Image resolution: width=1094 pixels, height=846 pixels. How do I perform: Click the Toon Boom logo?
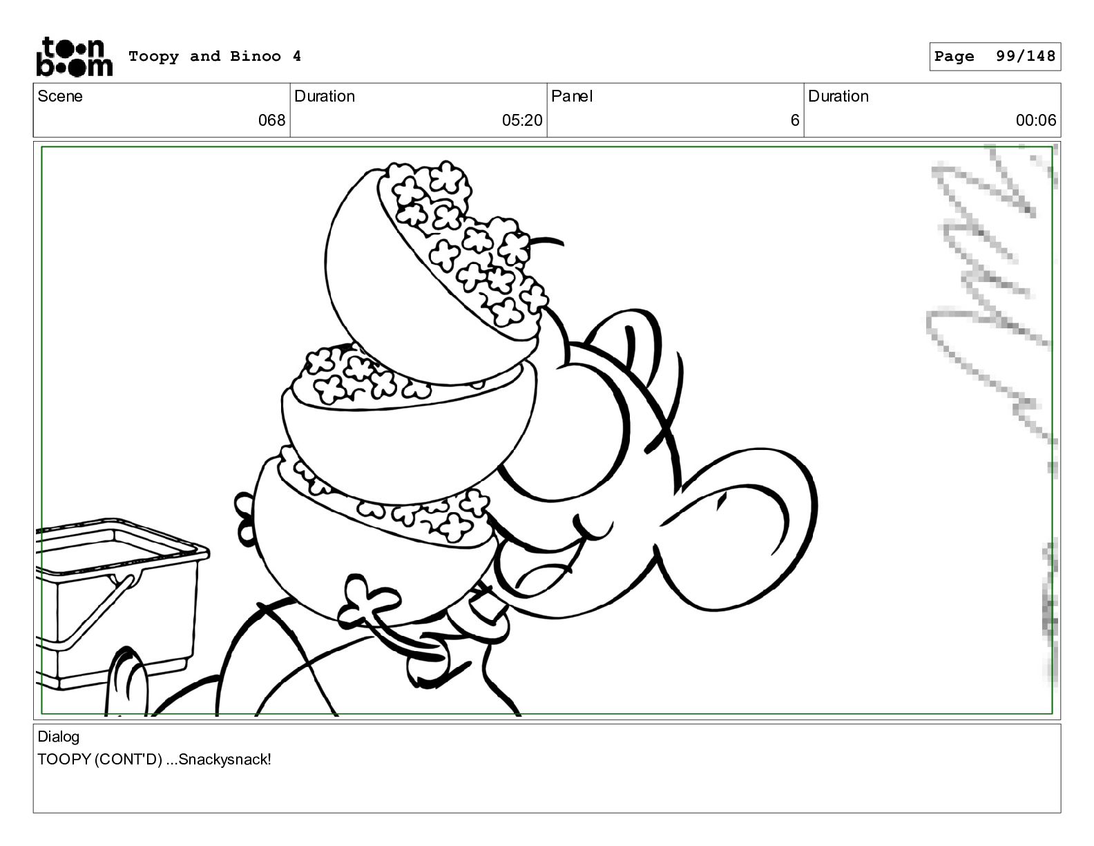pyautogui.click(x=74, y=57)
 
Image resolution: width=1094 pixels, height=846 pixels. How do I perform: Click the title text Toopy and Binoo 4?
pyautogui.click(x=215, y=56)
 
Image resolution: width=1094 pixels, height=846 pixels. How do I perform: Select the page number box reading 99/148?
pyautogui.click(x=995, y=57)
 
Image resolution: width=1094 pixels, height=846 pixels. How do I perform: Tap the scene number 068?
pyautogui.click(x=271, y=120)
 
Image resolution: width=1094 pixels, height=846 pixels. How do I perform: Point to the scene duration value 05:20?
pyautogui.click(x=521, y=120)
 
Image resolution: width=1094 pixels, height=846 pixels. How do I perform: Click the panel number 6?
pyautogui.click(x=794, y=120)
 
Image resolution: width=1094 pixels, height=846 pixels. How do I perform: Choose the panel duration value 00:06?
pyautogui.click(x=1035, y=120)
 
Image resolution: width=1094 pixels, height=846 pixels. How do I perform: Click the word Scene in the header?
pyautogui.click(x=60, y=96)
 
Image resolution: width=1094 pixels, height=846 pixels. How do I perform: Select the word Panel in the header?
pyautogui.click(x=572, y=96)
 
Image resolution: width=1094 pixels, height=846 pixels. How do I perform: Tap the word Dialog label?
pyautogui.click(x=59, y=737)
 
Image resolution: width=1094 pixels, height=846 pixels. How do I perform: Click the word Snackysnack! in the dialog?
pyautogui.click(x=224, y=760)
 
